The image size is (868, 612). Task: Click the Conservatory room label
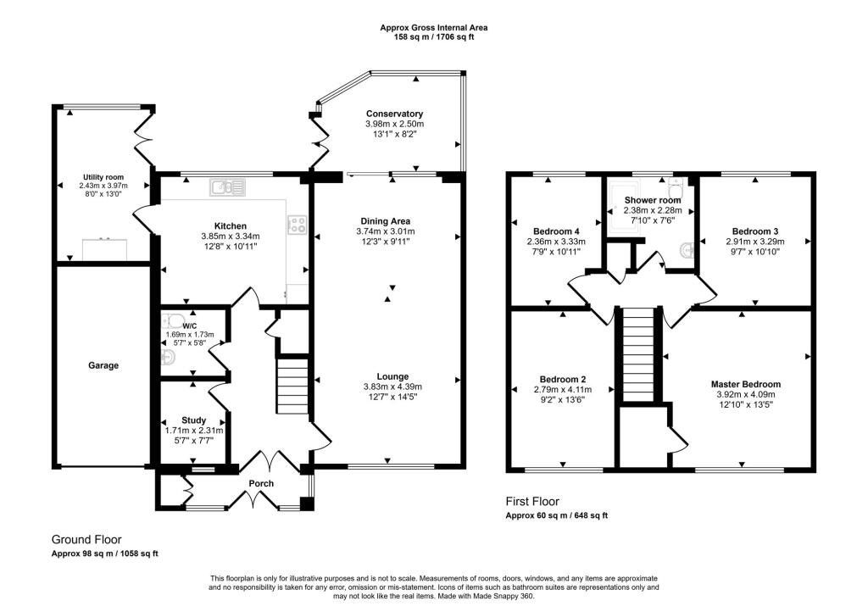tap(394, 114)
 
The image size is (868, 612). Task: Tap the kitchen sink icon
tap(227, 186)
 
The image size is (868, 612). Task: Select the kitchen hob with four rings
tap(298, 225)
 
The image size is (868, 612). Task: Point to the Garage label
tap(103, 366)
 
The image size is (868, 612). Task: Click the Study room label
tap(193, 420)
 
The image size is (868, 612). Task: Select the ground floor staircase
tap(293, 386)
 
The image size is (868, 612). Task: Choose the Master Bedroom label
tap(745, 384)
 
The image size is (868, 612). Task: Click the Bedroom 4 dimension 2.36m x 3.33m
tap(556, 242)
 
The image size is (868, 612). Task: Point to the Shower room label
tap(652, 200)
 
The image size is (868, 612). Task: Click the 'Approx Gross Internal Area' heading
tap(433, 28)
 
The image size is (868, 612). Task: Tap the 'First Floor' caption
tap(531, 501)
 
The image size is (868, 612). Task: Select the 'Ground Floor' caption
tap(86, 539)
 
